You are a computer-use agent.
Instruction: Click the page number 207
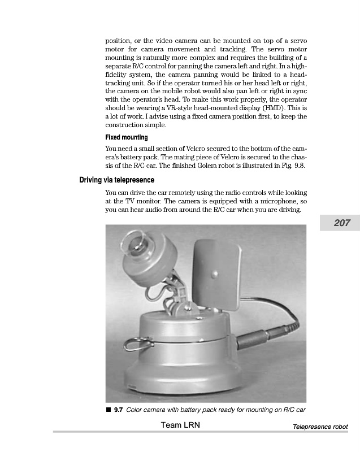pyautogui.click(x=341, y=223)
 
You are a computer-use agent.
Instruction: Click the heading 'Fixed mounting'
pyautogui.click(x=127, y=137)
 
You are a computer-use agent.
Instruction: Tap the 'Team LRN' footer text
pyautogui.click(x=180, y=425)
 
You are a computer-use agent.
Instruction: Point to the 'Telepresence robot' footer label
pyautogui.click(x=320, y=427)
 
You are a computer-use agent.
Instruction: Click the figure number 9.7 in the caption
pyautogui.click(x=119, y=410)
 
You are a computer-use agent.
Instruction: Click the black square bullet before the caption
pyautogui.click(x=108, y=410)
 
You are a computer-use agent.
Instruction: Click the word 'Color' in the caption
pyautogui.click(x=136, y=410)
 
